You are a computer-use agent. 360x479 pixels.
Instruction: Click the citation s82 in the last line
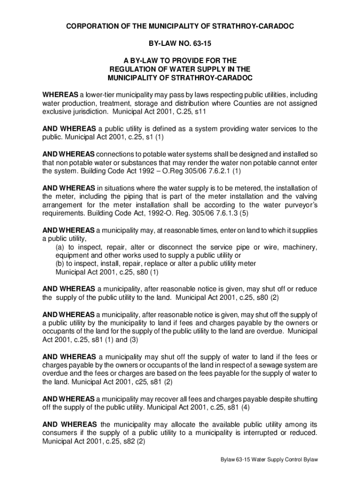coord(124,441)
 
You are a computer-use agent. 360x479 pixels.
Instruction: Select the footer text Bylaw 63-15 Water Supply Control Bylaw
coord(269,460)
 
